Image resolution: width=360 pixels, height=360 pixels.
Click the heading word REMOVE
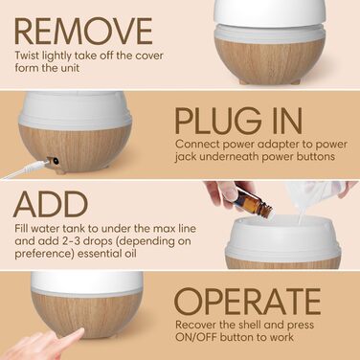click(x=83, y=31)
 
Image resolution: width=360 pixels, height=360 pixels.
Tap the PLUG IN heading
click(x=238, y=122)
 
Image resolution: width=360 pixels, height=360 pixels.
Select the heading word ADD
click(x=51, y=204)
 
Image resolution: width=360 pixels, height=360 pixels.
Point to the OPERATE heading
click(x=247, y=302)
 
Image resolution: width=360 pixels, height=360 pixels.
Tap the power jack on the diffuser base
click(x=54, y=162)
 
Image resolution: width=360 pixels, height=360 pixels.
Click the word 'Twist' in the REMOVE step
click(x=27, y=56)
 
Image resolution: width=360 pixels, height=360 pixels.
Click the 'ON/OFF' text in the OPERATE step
click(x=196, y=337)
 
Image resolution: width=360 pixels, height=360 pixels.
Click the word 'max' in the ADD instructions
click(x=163, y=229)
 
